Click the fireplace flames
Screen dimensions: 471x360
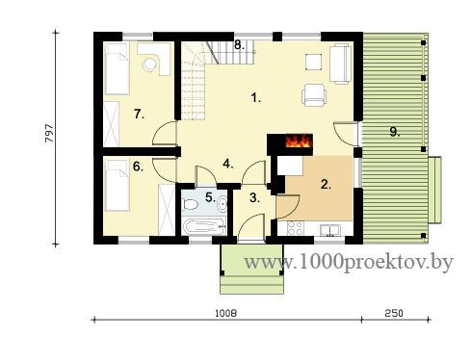(x=299, y=141)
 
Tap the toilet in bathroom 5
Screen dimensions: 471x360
(x=190, y=204)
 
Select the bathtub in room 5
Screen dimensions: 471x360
(x=204, y=226)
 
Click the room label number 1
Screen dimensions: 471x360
(x=255, y=97)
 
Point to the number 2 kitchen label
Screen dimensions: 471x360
(x=326, y=184)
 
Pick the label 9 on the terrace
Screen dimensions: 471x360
(x=395, y=131)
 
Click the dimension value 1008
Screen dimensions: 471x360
(x=226, y=313)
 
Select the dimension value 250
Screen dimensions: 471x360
(x=394, y=313)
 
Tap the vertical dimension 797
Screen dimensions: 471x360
(x=49, y=134)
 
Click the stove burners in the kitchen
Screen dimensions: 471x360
(x=295, y=228)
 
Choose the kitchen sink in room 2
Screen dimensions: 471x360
(x=329, y=230)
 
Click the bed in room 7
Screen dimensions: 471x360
(x=117, y=68)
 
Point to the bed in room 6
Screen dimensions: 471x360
(x=117, y=186)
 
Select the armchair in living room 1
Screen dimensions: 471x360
(x=314, y=95)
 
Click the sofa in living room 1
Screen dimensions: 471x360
(x=340, y=64)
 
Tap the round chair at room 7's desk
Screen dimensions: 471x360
(x=149, y=64)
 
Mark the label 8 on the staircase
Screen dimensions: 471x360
(x=239, y=45)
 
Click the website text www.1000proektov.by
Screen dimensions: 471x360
(x=349, y=263)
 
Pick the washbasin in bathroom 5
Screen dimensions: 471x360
(x=222, y=204)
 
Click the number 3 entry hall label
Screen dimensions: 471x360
(x=254, y=198)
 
